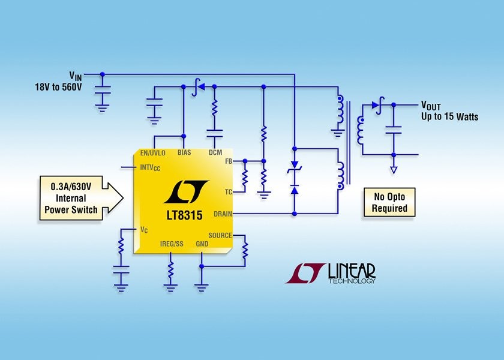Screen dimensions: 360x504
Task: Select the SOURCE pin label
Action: tap(220, 235)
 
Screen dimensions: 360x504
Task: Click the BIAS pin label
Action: tap(184, 152)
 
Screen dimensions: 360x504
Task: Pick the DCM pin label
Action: tap(215, 152)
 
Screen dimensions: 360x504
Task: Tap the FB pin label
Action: tap(228, 161)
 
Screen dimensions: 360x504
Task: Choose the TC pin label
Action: tap(228, 192)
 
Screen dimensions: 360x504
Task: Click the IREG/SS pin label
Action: tap(172, 244)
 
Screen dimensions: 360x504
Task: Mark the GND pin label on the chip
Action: tap(202, 244)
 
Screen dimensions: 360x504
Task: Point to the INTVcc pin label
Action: tap(150, 167)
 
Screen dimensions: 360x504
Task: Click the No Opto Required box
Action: tap(389, 203)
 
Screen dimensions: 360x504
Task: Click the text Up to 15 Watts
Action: tap(449, 116)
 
